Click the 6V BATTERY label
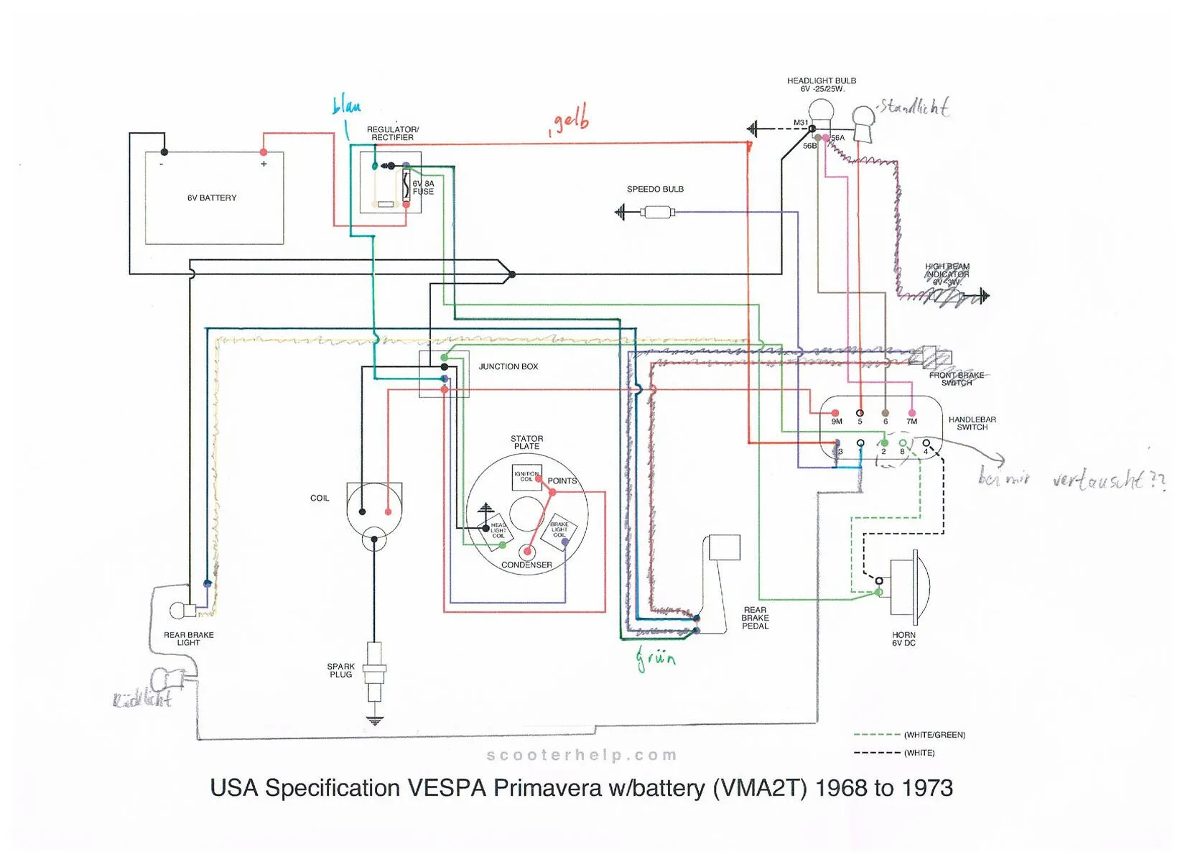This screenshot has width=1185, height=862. tap(212, 198)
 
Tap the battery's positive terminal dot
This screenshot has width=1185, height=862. tap(264, 152)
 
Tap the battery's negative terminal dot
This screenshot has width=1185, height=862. tap(164, 152)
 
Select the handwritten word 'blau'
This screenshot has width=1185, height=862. tap(346, 107)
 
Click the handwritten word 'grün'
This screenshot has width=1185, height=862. tap(655, 657)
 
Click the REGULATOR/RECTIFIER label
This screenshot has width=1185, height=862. tap(392, 134)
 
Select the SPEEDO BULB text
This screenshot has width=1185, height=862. tap(655, 190)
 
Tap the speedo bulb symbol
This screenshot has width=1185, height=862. tap(656, 213)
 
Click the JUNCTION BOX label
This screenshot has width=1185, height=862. tap(508, 366)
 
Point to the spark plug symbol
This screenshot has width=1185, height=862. tap(373, 672)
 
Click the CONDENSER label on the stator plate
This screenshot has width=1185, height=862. tap(526, 565)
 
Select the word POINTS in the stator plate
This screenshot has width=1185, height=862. tap(562, 481)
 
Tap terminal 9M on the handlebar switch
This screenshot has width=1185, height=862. tap(835, 414)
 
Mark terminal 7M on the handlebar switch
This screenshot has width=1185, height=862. tap(912, 414)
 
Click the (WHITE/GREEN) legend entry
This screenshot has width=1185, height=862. tap(934, 735)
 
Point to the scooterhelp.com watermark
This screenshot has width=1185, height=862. tap(582, 755)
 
